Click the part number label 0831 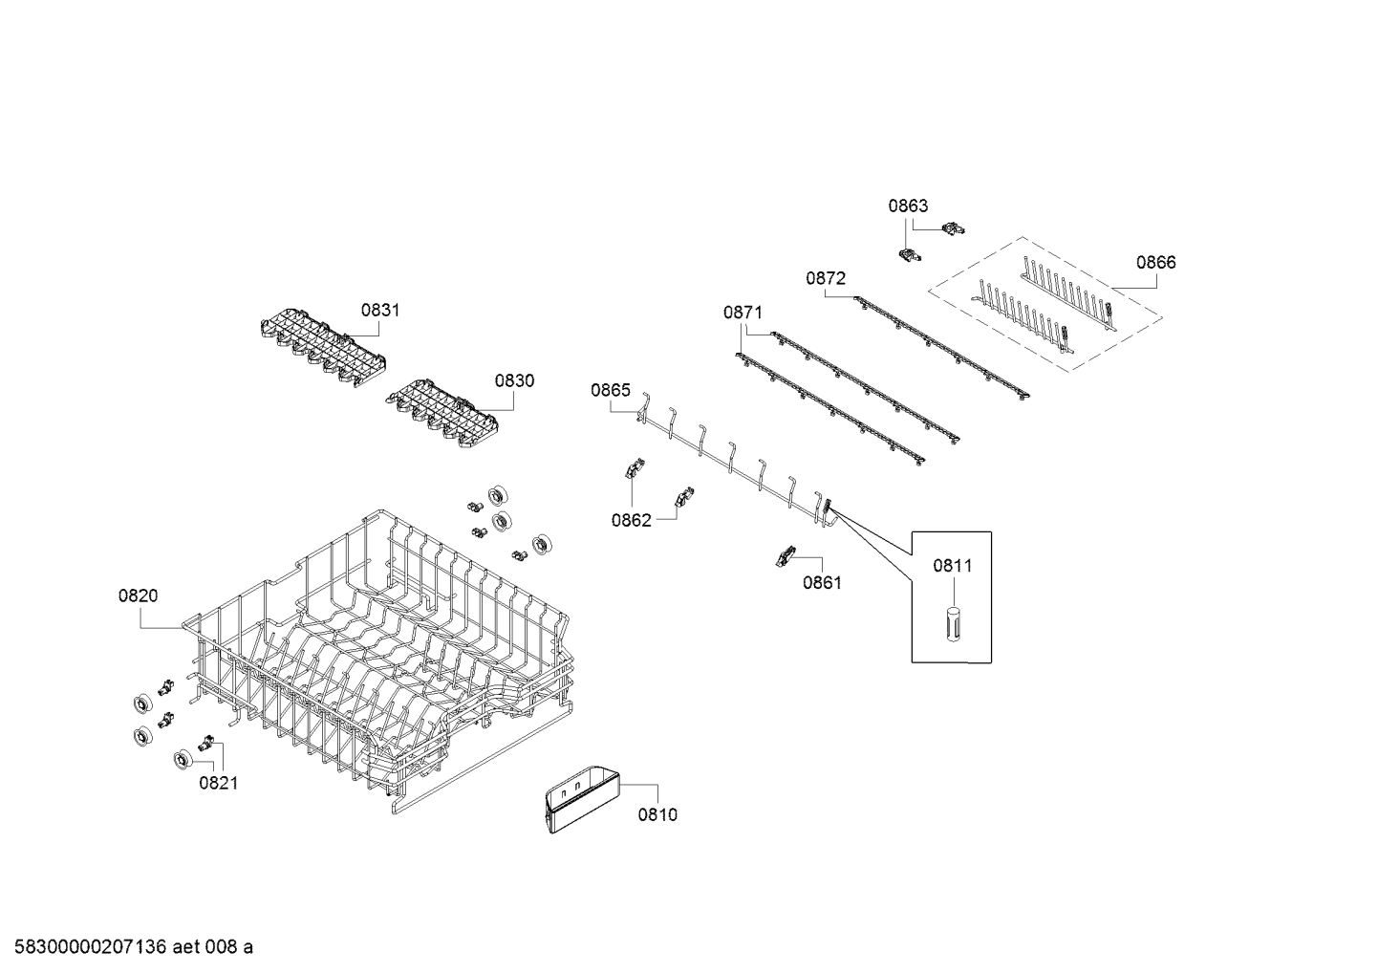coord(380,310)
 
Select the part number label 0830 coord(514,380)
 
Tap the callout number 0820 coord(139,595)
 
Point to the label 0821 coord(218,783)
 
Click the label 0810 coord(657,814)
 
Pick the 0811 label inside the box coord(952,565)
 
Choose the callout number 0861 coord(822,582)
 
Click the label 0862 coord(631,520)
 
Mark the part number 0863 coord(908,206)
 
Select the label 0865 coord(610,389)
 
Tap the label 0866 coord(1155,262)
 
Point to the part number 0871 coord(743,312)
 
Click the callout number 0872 coord(826,278)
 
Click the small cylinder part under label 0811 coord(952,625)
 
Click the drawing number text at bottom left coord(127,947)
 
